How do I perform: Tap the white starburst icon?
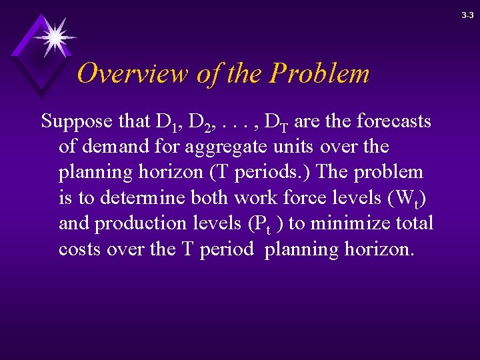click(x=55, y=36)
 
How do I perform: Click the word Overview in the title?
click(x=133, y=73)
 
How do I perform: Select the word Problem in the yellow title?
click(x=319, y=73)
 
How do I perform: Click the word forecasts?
click(x=393, y=121)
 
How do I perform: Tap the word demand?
click(x=114, y=147)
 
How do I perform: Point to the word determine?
click(x=139, y=197)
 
